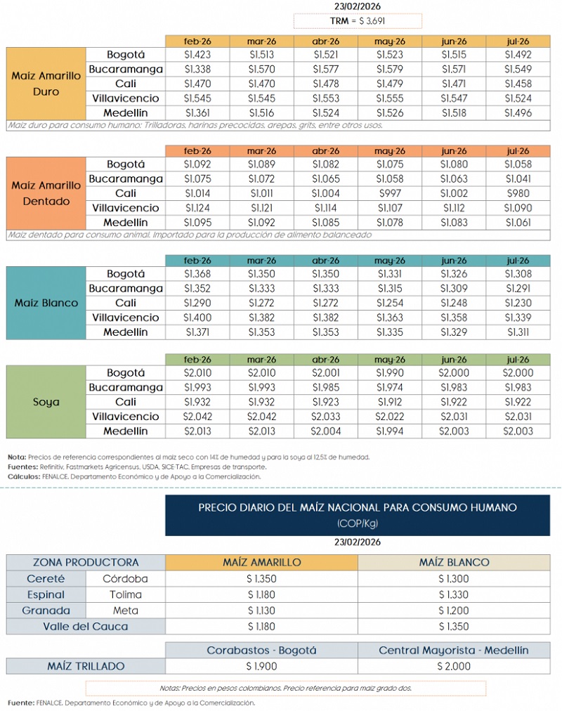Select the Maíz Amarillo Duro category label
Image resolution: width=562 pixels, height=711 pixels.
click(x=46, y=84)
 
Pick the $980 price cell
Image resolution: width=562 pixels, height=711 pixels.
click(x=518, y=193)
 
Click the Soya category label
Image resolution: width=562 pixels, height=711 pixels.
click(x=46, y=403)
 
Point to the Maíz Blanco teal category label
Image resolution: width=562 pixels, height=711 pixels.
click(x=46, y=303)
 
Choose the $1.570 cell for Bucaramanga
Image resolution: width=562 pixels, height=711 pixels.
click(x=261, y=69)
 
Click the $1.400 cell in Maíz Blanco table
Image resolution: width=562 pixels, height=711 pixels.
click(x=197, y=318)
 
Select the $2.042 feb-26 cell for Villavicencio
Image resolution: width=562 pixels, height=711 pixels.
click(x=197, y=417)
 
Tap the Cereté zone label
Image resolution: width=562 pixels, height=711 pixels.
click(x=46, y=579)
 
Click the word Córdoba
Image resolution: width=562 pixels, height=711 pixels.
click(x=125, y=579)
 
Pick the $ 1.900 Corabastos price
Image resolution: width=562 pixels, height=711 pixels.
click(x=261, y=666)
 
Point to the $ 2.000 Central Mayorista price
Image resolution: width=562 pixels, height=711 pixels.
click(x=453, y=666)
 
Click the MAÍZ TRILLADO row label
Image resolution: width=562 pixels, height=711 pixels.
click(x=86, y=666)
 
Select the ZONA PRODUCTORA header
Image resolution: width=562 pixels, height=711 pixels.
click(x=86, y=562)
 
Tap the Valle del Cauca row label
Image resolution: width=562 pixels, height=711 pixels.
click(x=86, y=626)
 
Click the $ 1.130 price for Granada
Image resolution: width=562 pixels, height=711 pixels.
click(x=261, y=611)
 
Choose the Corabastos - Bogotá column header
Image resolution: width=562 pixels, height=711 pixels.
click(x=261, y=650)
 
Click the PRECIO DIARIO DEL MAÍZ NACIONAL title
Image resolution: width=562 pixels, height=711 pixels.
click(x=358, y=507)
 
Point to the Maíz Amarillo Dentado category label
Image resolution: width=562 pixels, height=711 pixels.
click(x=46, y=193)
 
